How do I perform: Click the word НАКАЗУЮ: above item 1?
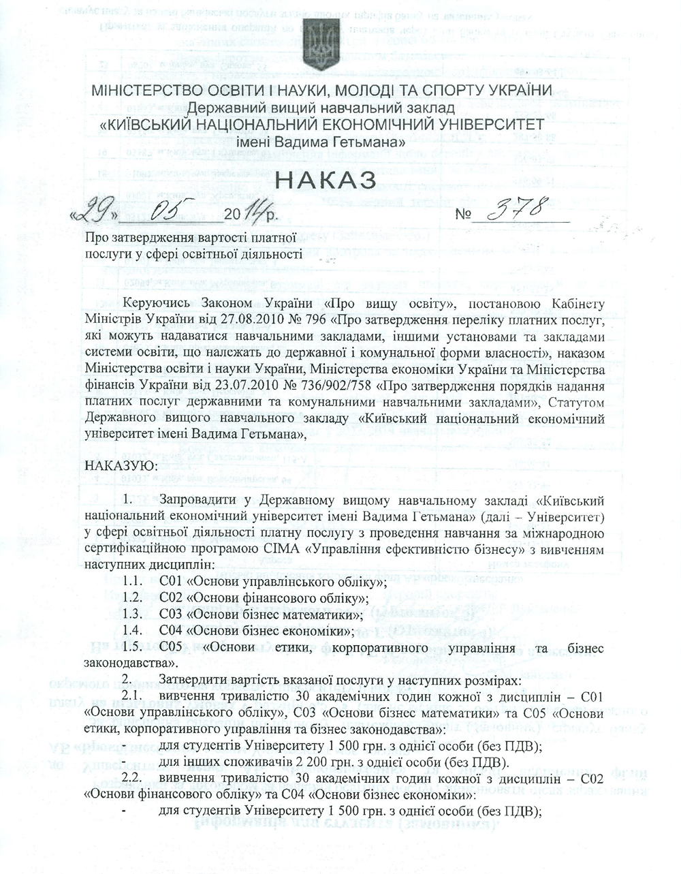[120, 465]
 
